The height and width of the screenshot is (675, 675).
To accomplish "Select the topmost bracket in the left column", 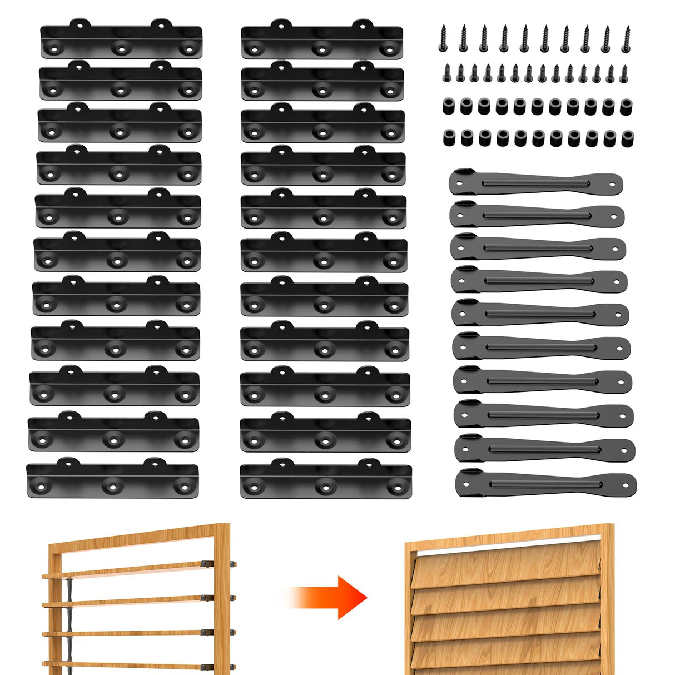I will pos(121,40).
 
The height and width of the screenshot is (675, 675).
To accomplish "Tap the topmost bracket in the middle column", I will pos(321,40).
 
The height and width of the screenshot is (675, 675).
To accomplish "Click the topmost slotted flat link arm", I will pos(535,183).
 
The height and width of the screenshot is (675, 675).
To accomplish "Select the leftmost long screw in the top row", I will pos(444,37).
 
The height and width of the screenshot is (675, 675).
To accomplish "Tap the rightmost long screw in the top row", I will pos(626,38).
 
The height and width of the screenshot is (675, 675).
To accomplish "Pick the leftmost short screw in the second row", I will pos(446,72).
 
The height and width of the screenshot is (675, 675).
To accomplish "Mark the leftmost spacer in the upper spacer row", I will pos(448,106).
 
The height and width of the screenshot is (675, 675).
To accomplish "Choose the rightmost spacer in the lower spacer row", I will pos(627,138).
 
